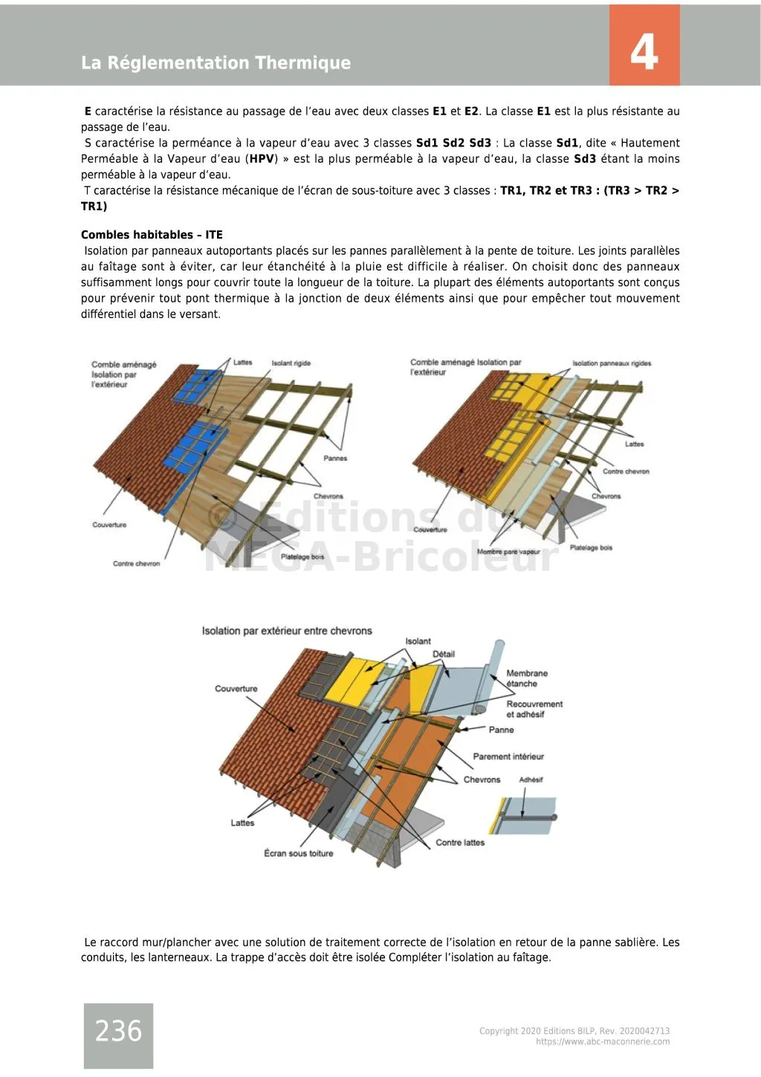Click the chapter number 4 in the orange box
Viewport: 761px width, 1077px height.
pyautogui.click(x=644, y=52)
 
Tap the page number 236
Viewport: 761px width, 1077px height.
pyautogui.click(x=118, y=1031)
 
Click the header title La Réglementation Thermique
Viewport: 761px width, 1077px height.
pyautogui.click(x=216, y=63)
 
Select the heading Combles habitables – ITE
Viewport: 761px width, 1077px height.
pyautogui.click(x=152, y=235)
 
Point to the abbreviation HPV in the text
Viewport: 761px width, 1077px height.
pyautogui.click(x=262, y=159)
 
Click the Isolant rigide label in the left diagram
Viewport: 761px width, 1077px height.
pyautogui.click(x=291, y=363)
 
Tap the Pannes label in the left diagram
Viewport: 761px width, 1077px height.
pyautogui.click(x=335, y=459)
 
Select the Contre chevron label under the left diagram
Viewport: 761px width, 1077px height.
pyautogui.click(x=136, y=563)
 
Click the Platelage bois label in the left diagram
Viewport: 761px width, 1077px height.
pyautogui.click(x=302, y=557)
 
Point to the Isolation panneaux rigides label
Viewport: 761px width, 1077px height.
pyautogui.click(x=612, y=363)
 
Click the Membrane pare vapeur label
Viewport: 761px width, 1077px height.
pyautogui.click(x=508, y=552)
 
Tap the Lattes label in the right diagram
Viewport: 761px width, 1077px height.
pyautogui.click(x=634, y=444)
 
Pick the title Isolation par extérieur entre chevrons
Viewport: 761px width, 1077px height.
pyautogui.click(x=287, y=631)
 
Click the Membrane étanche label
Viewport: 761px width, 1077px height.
pyautogui.click(x=526, y=679)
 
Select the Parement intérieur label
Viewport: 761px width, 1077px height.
pyautogui.click(x=508, y=757)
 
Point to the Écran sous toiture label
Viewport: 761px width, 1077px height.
pyautogui.click(x=298, y=853)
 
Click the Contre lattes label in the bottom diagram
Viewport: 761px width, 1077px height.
pyautogui.click(x=460, y=843)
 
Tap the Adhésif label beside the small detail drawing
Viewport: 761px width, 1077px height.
pyautogui.click(x=531, y=780)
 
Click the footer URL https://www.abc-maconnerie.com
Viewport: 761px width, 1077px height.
pyautogui.click(x=603, y=1042)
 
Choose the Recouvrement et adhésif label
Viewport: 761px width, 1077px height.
pyautogui.click(x=534, y=709)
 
